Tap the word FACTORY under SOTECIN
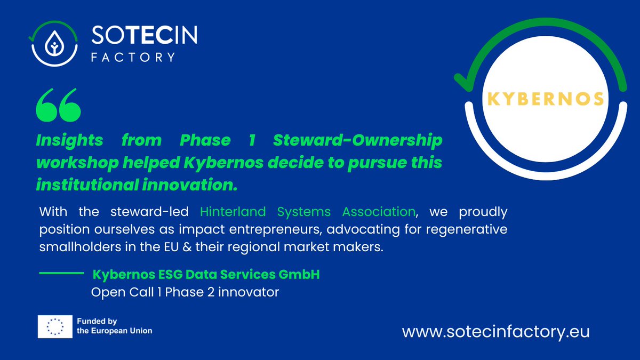(x=133, y=57)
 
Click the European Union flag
(x=54, y=326)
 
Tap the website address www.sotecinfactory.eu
(x=495, y=331)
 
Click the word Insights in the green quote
(x=69, y=141)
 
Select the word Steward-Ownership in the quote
(x=357, y=141)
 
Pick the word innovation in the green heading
(x=175, y=186)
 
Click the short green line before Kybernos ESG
(x=62, y=274)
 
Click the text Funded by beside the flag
(x=97, y=321)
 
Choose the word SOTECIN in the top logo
(x=145, y=37)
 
